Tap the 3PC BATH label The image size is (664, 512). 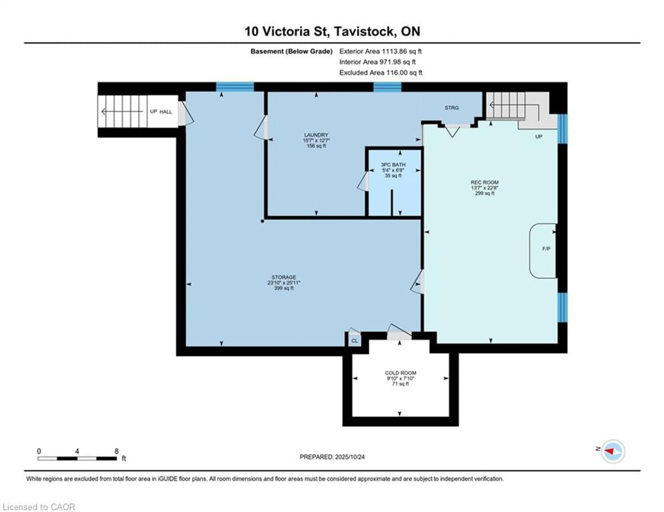(393, 165)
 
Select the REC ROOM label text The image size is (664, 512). (485, 182)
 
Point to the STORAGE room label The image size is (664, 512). (284, 277)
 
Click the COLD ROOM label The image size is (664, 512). (400, 373)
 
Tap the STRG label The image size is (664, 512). (451, 108)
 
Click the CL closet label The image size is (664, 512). (354, 341)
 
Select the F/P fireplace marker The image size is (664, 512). (546, 249)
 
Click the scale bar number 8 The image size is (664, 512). (116, 451)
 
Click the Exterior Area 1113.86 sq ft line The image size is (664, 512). (380, 51)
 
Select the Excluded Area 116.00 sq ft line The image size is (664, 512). (381, 73)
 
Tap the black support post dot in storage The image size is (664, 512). (262, 221)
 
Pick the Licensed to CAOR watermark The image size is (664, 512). (39, 507)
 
